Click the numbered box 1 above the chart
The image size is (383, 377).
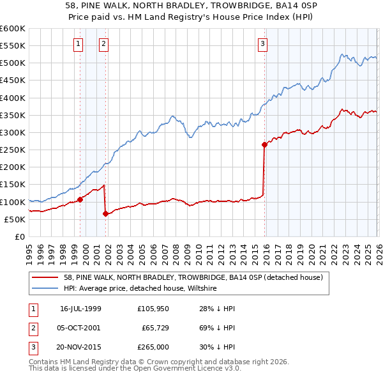coord(78,44)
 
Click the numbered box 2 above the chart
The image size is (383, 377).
coord(103,44)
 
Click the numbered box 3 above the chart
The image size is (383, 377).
coord(262,44)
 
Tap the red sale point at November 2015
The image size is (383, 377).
coord(264,144)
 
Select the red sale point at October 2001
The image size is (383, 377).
coord(105,213)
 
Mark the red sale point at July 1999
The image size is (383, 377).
coord(80,199)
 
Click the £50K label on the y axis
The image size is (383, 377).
coord(15,219)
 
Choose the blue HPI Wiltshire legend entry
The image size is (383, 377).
coord(140,289)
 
